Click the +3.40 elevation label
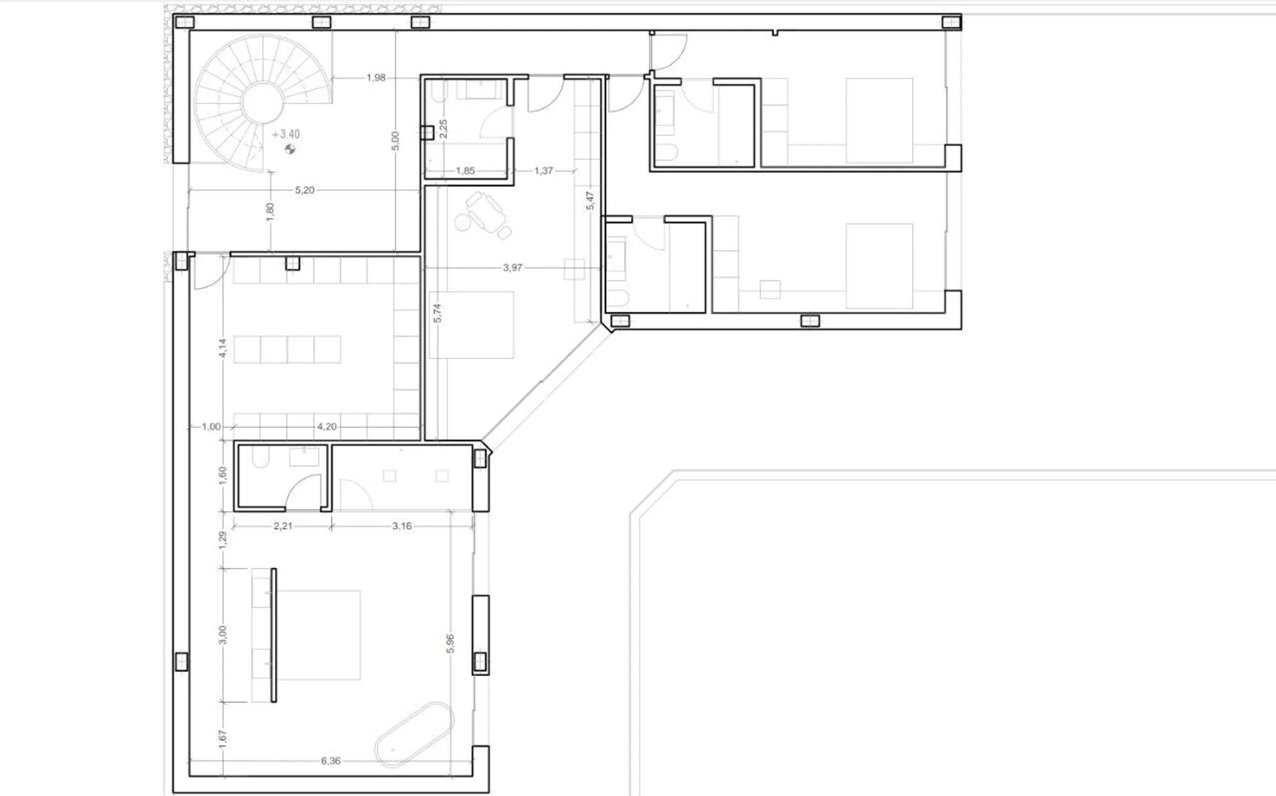[x=286, y=134]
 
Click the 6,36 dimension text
[x=331, y=761]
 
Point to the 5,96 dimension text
[x=451, y=643]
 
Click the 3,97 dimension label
[x=512, y=268]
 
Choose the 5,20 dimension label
[x=304, y=190]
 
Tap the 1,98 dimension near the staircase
[x=376, y=78]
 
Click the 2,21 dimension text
[x=283, y=526]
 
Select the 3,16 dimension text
[x=402, y=526]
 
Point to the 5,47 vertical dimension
[x=590, y=201]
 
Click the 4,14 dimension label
[x=223, y=348]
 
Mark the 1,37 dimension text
[x=544, y=171]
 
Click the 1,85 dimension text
[x=465, y=171]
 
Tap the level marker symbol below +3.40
[x=290, y=149]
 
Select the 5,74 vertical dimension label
[x=438, y=313]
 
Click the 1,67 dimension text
[x=223, y=739]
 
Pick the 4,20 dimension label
[x=326, y=427]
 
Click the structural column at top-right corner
[x=951, y=22]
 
